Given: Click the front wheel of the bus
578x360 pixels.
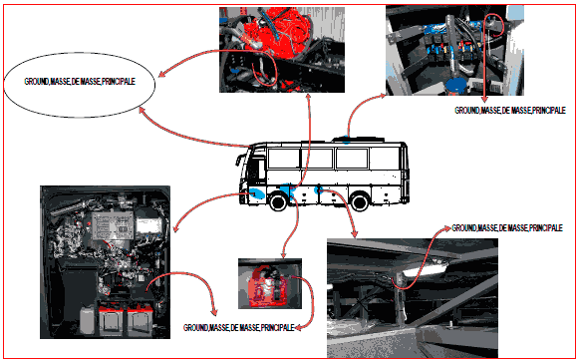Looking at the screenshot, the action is coord(279,201).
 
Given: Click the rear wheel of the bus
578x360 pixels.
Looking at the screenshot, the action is coord(360,202).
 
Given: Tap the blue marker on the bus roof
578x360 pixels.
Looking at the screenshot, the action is coord(347,140).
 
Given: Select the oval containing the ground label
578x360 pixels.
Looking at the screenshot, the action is coord(80,85).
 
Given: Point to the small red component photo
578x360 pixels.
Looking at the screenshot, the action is coord(270,283).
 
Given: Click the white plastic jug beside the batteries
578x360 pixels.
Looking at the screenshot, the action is coord(88,320).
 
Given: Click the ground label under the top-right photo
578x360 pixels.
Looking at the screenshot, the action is coord(510,111).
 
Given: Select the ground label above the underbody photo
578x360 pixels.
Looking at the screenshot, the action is coord(507,228).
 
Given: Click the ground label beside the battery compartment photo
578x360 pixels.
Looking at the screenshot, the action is coord(239,327).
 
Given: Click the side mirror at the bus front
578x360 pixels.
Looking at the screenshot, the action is coord(238,161).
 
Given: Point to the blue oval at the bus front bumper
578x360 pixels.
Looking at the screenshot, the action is coord(256,192).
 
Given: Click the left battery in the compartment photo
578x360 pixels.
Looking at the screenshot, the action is coord(112,319).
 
